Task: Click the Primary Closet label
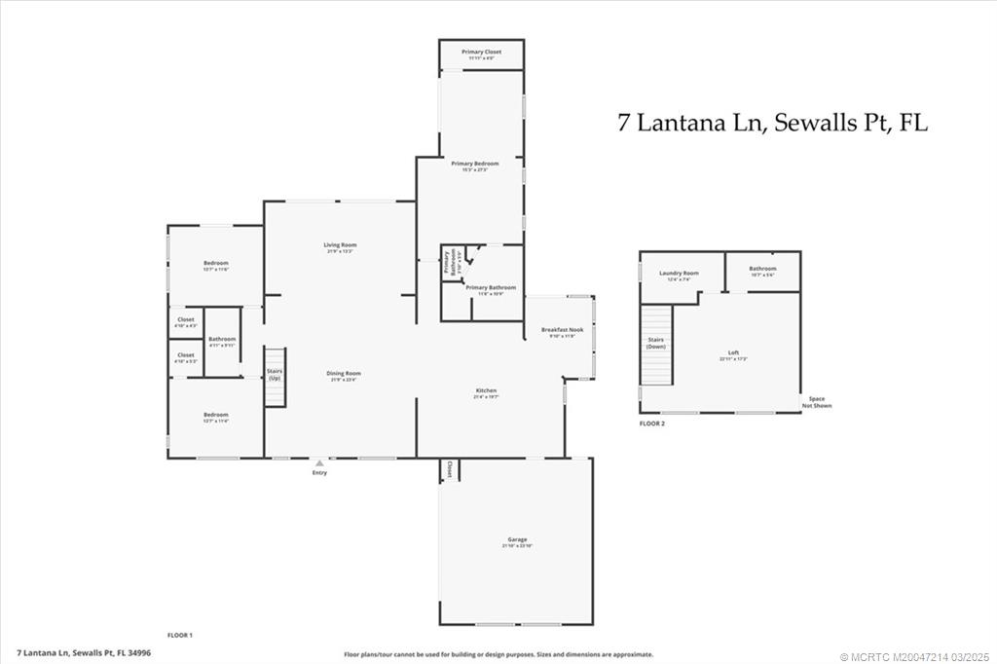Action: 481,52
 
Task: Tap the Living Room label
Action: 340,245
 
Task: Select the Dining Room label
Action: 343,374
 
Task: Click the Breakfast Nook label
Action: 561,331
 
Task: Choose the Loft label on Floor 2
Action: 733,353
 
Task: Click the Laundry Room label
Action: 679,274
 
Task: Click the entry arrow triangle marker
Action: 319,463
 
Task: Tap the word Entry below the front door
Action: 319,473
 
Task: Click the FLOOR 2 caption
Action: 653,424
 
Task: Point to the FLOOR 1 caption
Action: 180,635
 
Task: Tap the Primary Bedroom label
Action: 474,164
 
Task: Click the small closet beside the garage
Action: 449,469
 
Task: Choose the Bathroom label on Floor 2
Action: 762,269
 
